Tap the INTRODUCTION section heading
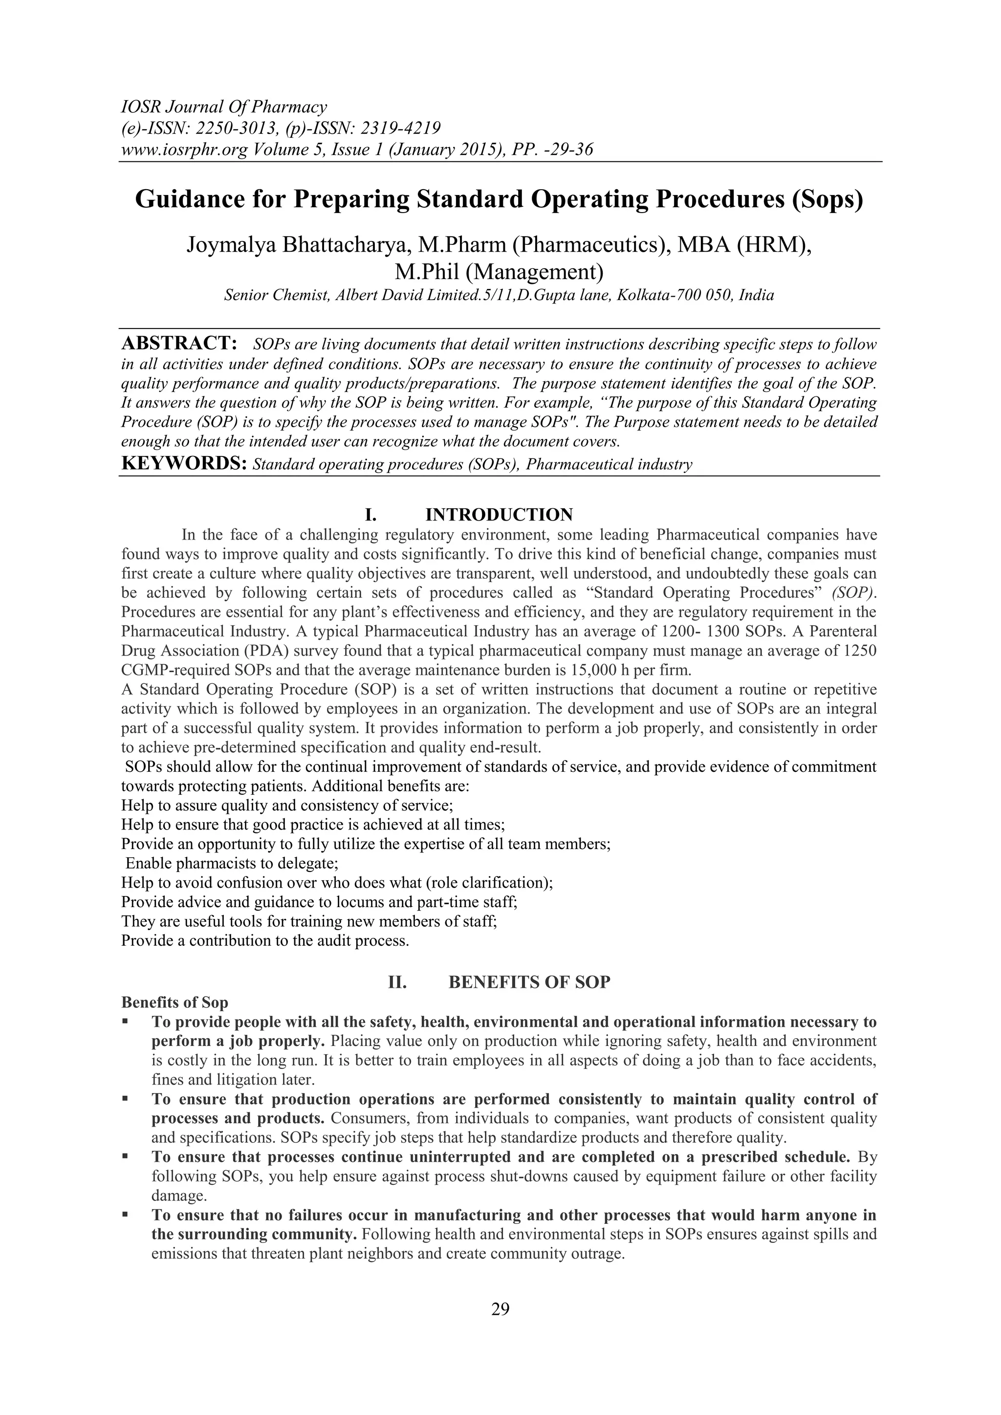click(x=499, y=515)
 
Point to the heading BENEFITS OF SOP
click(x=529, y=982)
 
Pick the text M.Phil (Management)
click(x=499, y=272)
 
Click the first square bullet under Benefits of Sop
click(x=125, y=1021)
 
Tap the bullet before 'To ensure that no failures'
click(x=125, y=1215)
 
